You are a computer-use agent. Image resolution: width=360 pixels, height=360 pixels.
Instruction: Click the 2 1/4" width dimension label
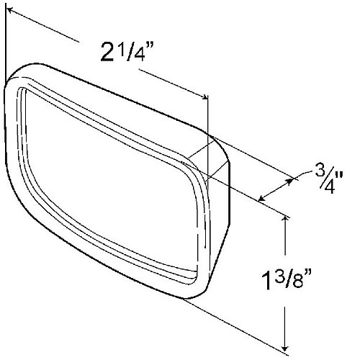(x=126, y=51)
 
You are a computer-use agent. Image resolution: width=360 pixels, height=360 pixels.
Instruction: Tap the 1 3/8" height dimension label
(x=287, y=280)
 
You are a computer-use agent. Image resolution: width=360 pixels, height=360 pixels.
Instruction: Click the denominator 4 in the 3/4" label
(x=330, y=187)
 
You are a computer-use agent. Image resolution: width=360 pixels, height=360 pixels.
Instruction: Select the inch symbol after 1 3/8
(x=308, y=274)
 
